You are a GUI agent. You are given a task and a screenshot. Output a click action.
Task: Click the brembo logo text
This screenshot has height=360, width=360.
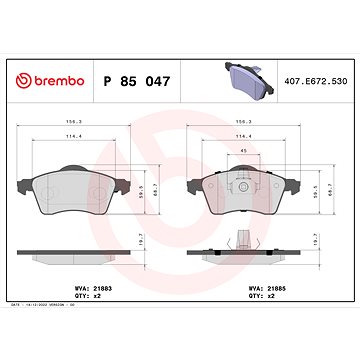(51, 80)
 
